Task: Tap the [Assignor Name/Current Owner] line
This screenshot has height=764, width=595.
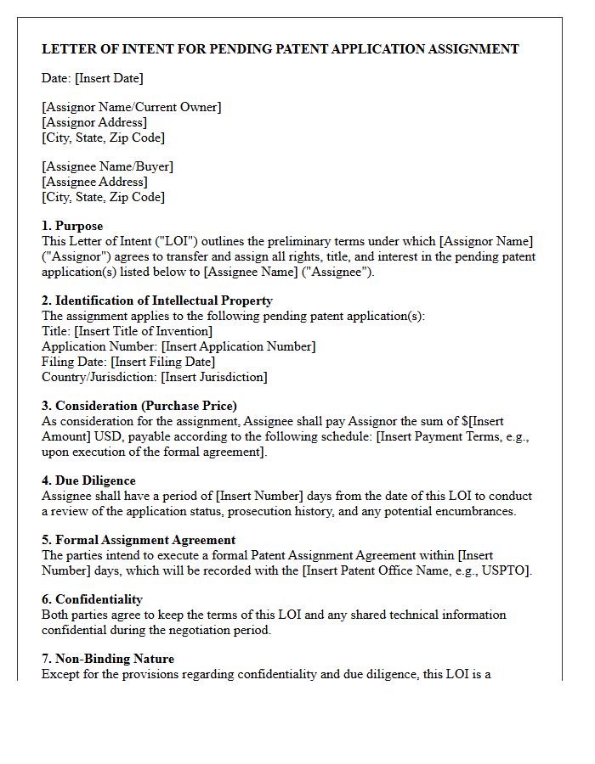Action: (x=132, y=107)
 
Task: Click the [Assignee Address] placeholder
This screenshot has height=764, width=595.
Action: (x=94, y=182)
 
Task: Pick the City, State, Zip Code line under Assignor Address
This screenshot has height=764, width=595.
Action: (x=103, y=138)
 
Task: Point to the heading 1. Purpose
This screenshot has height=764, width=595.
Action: (x=72, y=226)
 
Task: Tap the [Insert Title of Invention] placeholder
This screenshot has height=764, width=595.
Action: (x=144, y=331)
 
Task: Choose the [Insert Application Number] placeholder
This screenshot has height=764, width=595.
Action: (x=239, y=346)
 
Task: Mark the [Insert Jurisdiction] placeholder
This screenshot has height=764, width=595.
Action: (x=214, y=377)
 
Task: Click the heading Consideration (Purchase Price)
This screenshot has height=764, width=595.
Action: (x=139, y=406)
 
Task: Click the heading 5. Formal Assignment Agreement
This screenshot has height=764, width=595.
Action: (x=139, y=540)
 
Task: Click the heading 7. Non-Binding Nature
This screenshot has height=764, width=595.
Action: (x=108, y=659)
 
